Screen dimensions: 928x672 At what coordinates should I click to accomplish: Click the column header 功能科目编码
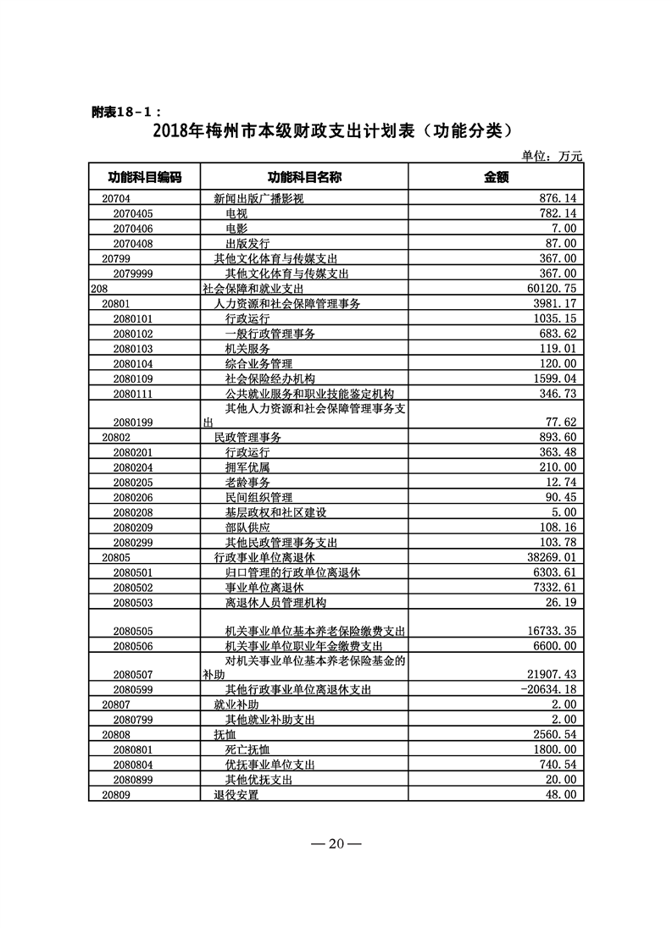[144, 177]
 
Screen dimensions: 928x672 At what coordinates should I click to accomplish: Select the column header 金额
[495, 177]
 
